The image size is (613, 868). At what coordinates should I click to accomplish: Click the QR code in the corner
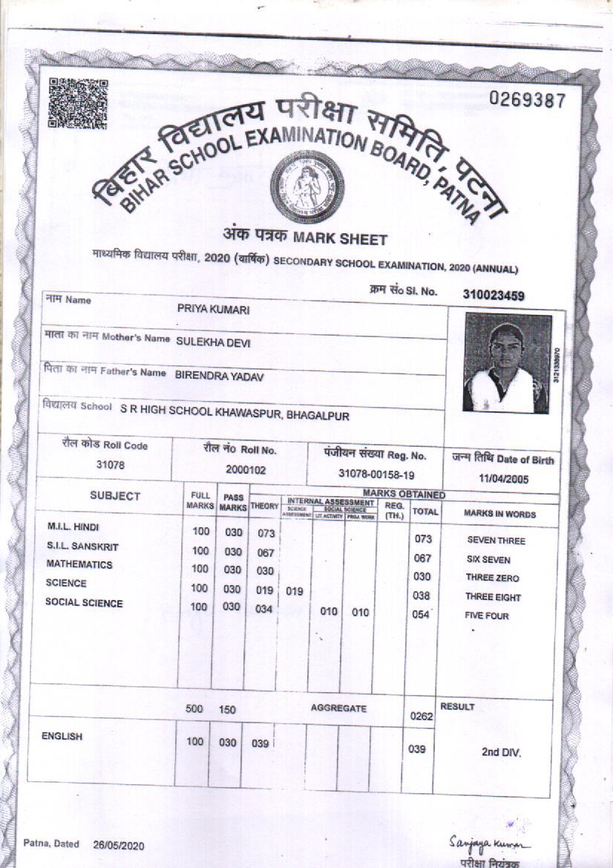pos(78,103)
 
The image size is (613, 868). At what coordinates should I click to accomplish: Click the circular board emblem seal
pos(306,190)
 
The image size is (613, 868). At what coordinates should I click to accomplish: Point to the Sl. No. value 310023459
pos(494,295)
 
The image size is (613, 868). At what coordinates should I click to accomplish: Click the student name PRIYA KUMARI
pos(213,308)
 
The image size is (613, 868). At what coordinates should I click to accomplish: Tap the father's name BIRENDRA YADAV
pos(220,376)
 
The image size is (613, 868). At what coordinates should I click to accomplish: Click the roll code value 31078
pos(111,465)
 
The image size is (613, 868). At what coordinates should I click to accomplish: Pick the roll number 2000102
pos(241,470)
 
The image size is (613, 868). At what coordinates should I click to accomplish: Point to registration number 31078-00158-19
pos(376,473)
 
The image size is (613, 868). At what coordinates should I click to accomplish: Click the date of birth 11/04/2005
pos(503,479)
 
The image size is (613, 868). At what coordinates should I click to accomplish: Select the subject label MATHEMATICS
pos(79,564)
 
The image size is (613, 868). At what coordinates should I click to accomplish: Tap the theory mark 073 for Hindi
pos(266,533)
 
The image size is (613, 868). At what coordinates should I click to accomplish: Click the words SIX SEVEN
pos(488,559)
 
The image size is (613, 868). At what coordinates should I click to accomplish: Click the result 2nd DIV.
pos(501,752)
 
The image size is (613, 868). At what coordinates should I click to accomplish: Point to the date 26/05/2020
pos(119,845)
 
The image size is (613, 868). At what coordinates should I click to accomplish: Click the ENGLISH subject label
pos(64,737)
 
